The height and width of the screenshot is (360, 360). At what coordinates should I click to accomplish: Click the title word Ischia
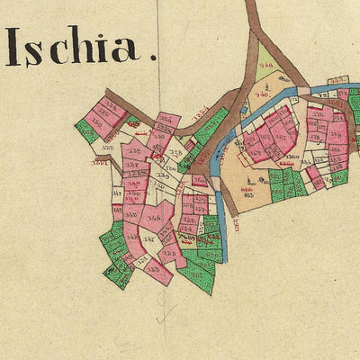pos(74,47)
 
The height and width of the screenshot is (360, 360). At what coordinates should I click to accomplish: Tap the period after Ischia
pos(153,58)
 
